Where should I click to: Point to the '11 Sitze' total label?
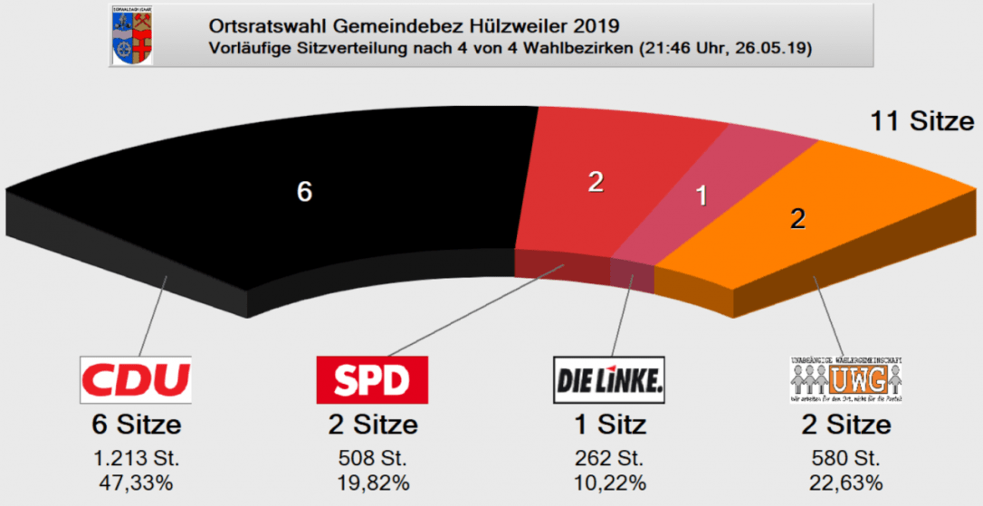pos(921,121)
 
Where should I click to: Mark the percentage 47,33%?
pos(136,482)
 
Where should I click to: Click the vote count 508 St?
pos(372,457)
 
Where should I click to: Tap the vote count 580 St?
pos(845,457)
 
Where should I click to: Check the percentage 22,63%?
pos(845,482)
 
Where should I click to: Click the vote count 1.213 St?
pos(136,457)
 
